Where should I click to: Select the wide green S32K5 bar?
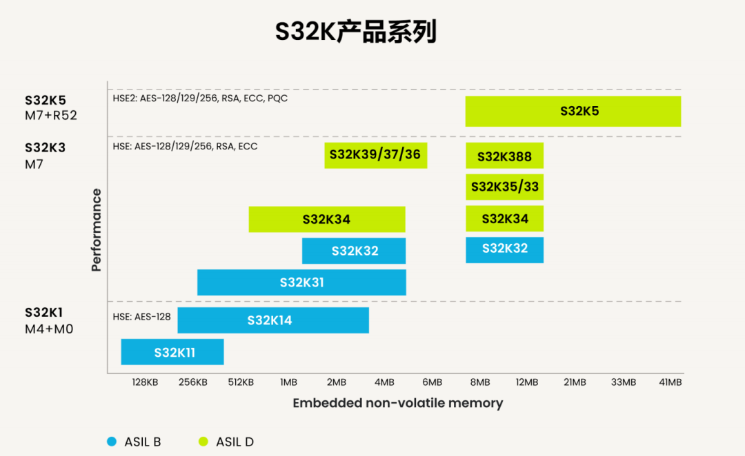tap(573, 111)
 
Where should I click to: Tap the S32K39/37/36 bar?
tap(376, 155)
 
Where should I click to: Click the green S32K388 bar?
tap(504, 156)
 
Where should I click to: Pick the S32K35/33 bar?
tap(504, 187)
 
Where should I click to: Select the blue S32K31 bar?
tap(301, 282)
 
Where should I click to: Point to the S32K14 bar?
tap(272, 320)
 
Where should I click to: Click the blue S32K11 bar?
tap(172, 352)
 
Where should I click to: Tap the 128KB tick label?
tap(145, 382)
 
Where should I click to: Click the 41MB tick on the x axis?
tap(670, 382)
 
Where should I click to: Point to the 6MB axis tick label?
tap(432, 382)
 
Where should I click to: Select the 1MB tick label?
tap(288, 382)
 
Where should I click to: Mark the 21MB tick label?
tap(575, 382)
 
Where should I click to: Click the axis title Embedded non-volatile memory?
tap(398, 403)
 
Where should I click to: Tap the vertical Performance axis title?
tap(97, 229)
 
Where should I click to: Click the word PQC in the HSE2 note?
tap(277, 99)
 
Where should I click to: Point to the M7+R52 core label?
tap(51, 115)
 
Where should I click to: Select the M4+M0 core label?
tap(49, 329)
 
